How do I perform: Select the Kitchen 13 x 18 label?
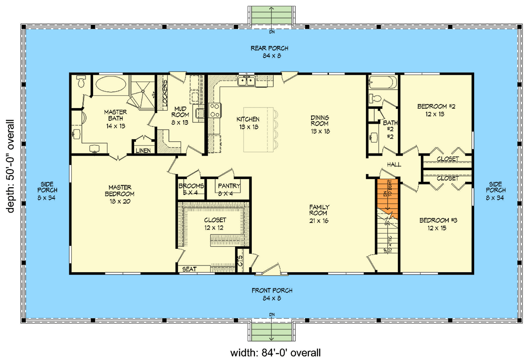coord(248,123)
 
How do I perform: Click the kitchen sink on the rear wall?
coord(246,81)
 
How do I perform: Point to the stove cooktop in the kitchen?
coord(214,111)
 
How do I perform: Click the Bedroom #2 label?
coord(436,110)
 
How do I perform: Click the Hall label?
coord(393,165)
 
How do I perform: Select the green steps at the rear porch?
coord(271,15)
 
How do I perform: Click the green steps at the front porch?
coord(271,333)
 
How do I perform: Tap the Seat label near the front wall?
coord(189,269)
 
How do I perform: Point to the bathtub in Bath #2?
coord(382,83)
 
